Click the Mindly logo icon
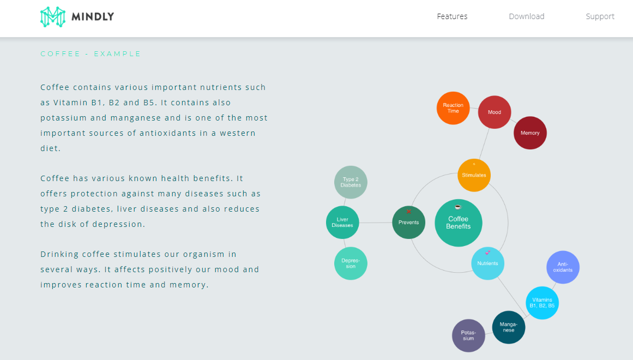click(x=52, y=17)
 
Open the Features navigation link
click(x=452, y=16)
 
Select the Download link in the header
click(x=526, y=16)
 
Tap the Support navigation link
click(x=600, y=16)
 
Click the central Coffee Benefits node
click(x=459, y=223)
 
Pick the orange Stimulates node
click(x=474, y=175)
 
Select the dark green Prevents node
click(x=408, y=222)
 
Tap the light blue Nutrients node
click(x=487, y=263)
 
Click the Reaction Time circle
click(x=453, y=108)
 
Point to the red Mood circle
click(x=495, y=112)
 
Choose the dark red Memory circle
click(x=530, y=133)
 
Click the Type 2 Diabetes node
click(x=351, y=182)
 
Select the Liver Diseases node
click(x=342, y=223)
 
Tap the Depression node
click(x=351, y=263)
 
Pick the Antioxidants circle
click(x=563, y=267)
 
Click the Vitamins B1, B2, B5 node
click(x=542, y=303)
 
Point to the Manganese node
click(x=509, y=327)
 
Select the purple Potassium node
click(x=468, y=335)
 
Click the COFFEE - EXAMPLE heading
click(x=91, y=53)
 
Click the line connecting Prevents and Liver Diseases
click(x=376, y=223)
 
